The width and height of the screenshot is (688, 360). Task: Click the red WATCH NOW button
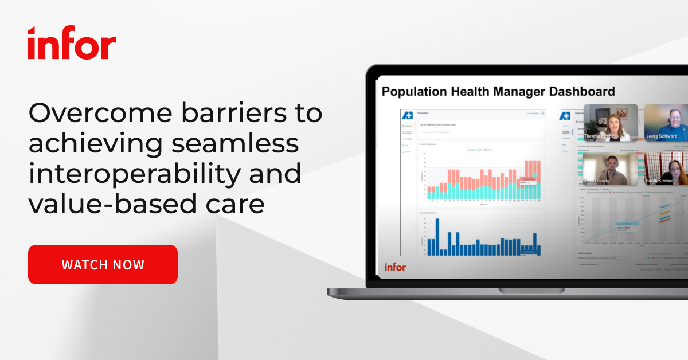click(103, 264)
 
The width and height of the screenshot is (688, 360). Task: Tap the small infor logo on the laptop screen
click(395, 267)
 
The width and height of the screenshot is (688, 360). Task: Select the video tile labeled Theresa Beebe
click(610, 122)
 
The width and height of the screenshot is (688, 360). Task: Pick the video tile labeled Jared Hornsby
click(610, 169)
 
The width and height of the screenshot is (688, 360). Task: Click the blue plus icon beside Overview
click(408, 114)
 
